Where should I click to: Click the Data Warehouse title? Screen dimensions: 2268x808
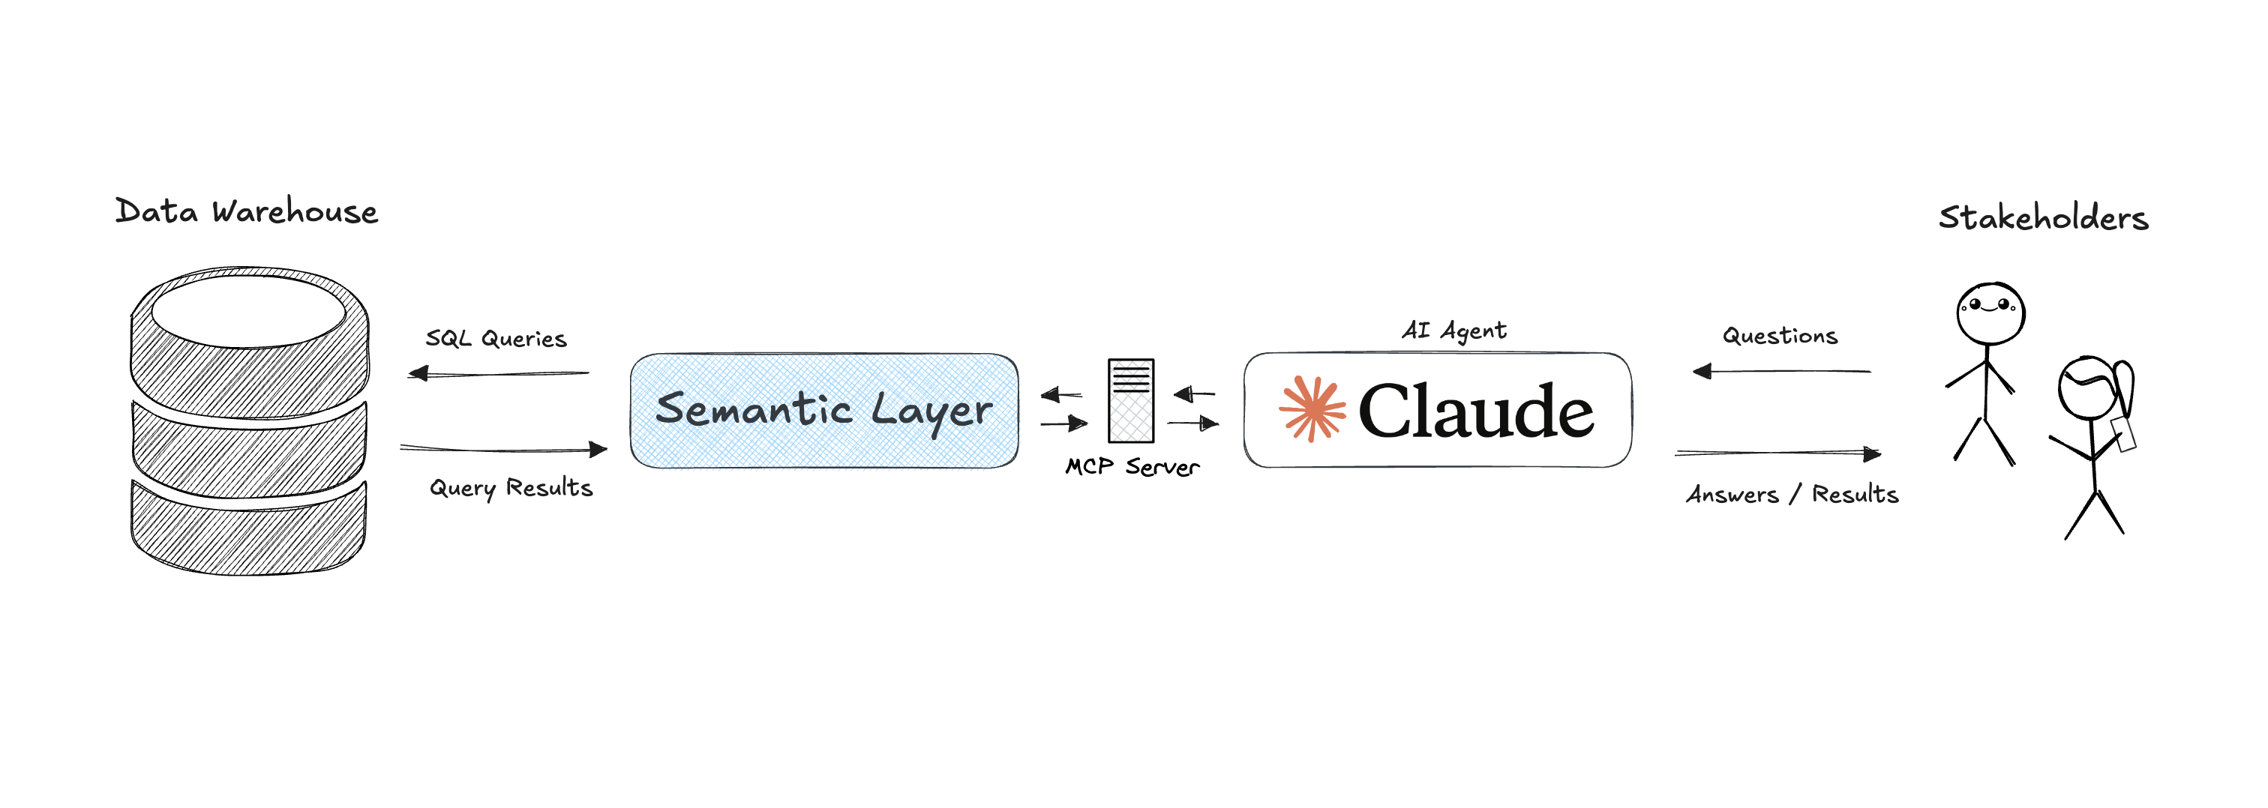coord(247,211)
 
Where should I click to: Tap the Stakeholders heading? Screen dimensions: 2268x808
coord(2042,217)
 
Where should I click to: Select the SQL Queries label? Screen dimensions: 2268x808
coord(496,338)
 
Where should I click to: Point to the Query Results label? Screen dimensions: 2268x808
coord(511,488)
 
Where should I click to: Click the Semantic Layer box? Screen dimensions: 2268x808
coord(824,410)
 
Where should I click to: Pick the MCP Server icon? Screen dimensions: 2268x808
coord(1130,400)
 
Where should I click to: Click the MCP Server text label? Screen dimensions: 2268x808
coord(1132,466)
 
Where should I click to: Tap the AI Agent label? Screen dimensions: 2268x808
coord(1453,330)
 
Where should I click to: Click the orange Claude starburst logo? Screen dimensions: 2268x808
coord(1312,408)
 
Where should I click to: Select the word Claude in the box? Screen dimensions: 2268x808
coord(1475,411)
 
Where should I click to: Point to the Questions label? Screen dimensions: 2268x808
coord(1779,335)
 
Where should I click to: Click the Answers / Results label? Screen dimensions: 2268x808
coord(1792,494)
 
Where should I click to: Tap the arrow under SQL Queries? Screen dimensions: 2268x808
coord(498,374)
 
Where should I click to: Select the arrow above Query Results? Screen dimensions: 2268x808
coord(503,450)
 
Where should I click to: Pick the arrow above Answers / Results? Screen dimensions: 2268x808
coord(1777,453)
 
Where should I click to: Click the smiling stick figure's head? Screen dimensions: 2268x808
coord(1990,313)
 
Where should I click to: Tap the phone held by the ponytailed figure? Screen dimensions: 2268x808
coord(2123,434)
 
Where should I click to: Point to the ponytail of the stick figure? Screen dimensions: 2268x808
coord(2125,388)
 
